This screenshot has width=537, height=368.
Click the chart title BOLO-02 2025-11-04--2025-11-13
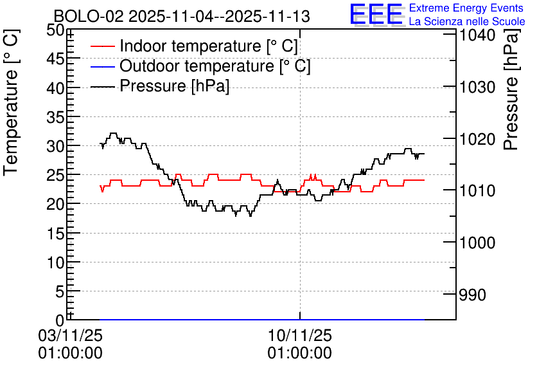(182, 16)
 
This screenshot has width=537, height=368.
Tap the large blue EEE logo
(376, 15)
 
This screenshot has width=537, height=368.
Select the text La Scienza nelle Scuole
(467, 22)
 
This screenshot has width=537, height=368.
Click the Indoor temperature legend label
(209, 46)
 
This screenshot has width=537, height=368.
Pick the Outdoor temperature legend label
(215, 66)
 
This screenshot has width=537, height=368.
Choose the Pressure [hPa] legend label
(175, 86)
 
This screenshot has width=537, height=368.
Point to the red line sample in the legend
(103, 47)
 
